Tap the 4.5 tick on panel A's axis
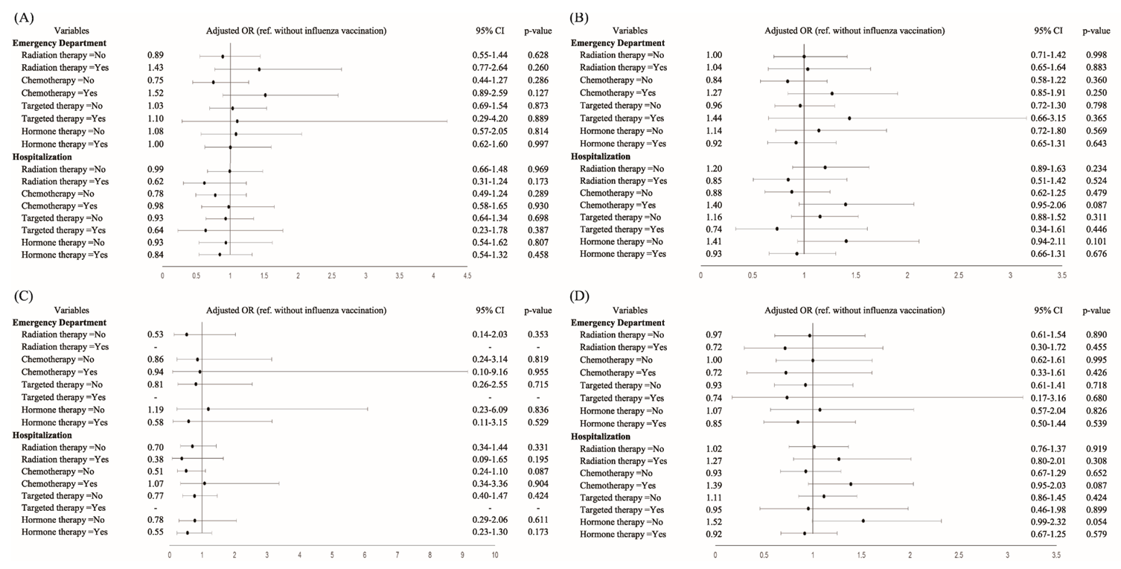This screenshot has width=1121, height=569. click(x=467, y=276)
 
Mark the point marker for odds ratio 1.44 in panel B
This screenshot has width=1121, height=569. click(x=849, y=118)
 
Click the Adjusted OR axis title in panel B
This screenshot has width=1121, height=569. click(x=855, y=31)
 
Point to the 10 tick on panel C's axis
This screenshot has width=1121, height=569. click(x=494, y=555)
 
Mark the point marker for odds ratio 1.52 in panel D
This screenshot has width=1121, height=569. click(x=863, y=521)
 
